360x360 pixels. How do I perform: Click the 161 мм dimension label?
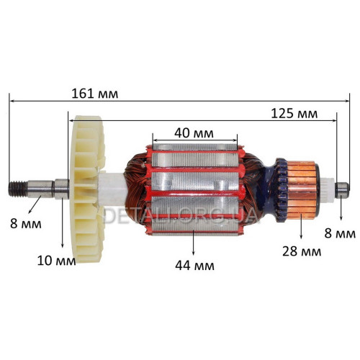[95, 94]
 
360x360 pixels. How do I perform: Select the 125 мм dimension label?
[294, 114]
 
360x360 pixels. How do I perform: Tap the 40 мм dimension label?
[194, 133]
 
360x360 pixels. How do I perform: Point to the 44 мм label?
[194, 266]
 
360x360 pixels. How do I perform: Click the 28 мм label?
[302, 251]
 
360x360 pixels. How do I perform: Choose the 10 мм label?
[56, 261]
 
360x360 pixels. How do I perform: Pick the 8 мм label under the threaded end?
[26, 224]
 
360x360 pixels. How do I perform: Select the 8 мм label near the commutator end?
[340, 233]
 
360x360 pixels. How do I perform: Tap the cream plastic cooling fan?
[88, 189]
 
